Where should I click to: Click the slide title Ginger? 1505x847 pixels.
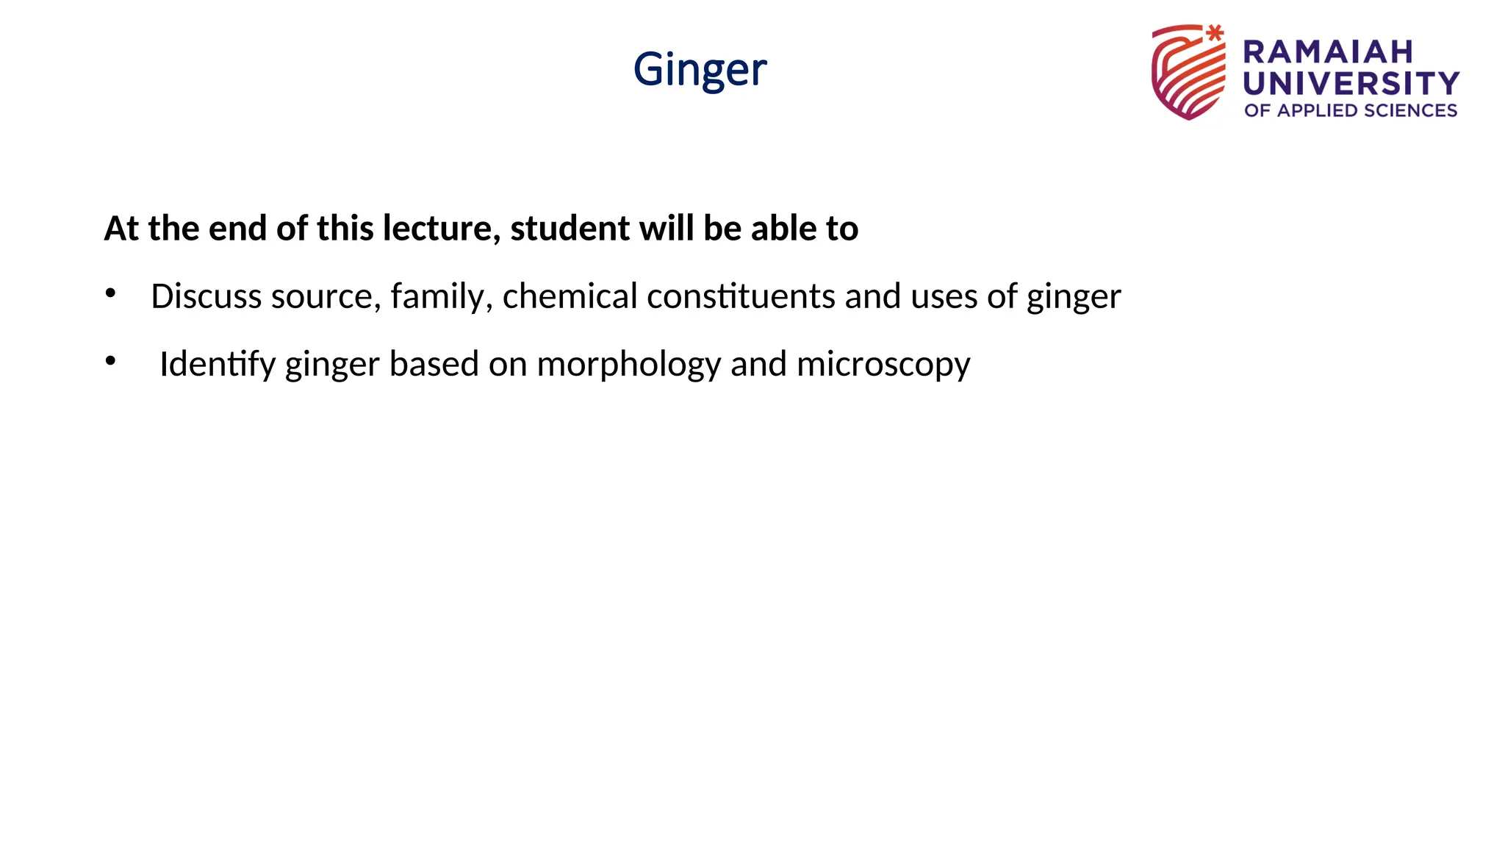700,70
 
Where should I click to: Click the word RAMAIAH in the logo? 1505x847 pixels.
1328,52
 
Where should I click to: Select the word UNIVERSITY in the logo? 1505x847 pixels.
1351,83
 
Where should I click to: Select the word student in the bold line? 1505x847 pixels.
570,228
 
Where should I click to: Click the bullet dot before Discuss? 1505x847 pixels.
110,293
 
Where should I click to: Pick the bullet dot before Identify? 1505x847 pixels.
110,361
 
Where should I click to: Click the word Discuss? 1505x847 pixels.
206,296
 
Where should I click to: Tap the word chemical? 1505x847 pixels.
570,296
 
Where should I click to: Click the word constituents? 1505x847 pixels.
741,296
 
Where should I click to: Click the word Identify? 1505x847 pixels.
218,364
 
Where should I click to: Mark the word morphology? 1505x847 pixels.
629,364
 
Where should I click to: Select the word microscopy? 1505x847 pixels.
883,364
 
